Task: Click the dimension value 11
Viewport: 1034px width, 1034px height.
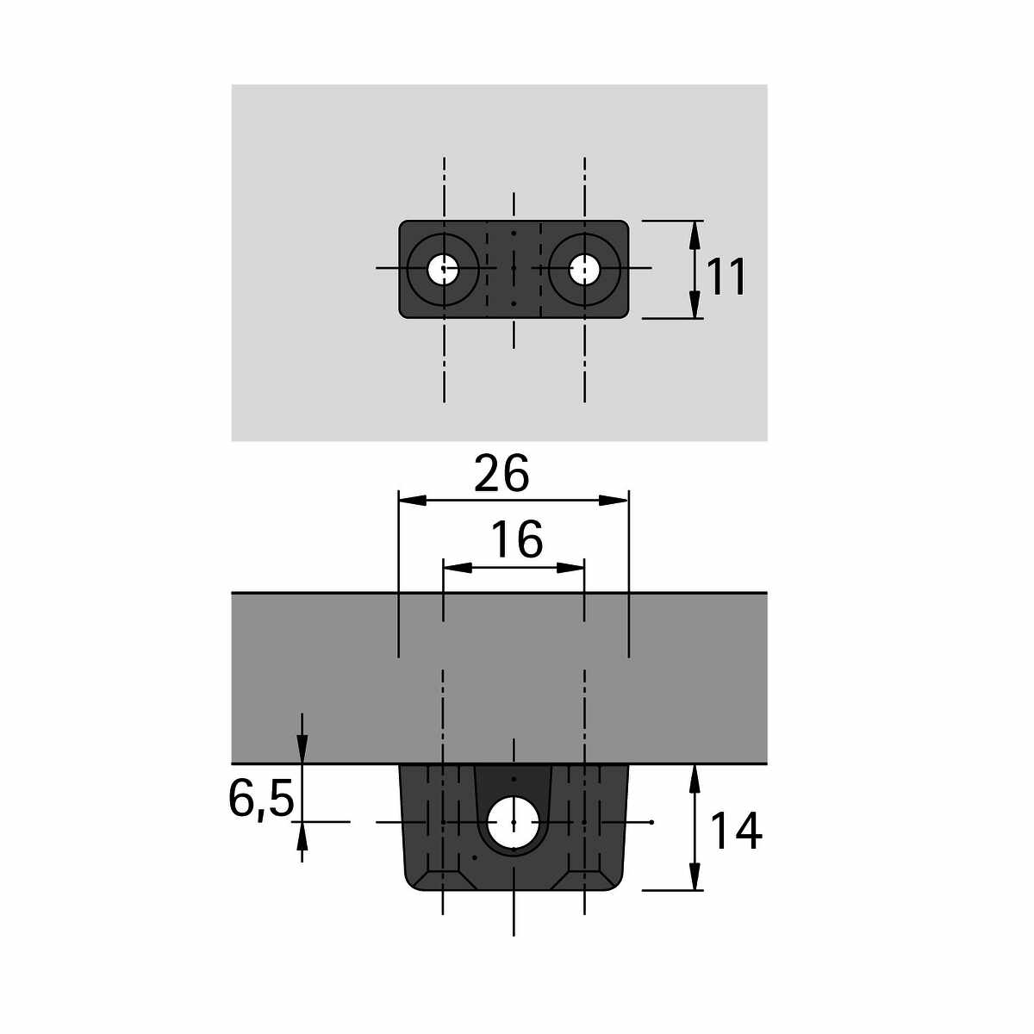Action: coord(727,277)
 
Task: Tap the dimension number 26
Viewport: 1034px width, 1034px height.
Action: coord(501,473)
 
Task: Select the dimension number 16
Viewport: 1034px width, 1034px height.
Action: coord(517,539)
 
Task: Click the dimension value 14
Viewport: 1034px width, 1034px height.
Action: coord(736,831)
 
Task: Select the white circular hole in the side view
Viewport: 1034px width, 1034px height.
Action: coord(514,822)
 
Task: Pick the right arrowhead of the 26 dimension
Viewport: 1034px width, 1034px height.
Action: coord(614,500)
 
